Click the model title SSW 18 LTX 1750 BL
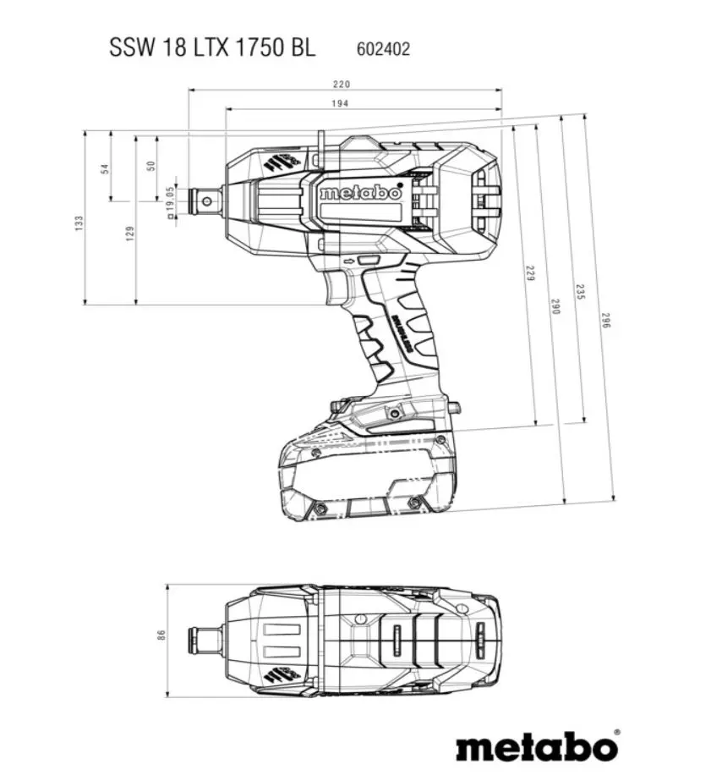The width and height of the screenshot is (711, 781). pos(211,47)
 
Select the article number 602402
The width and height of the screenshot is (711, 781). pos(379,49)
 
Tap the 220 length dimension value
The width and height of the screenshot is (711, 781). pos(342,84)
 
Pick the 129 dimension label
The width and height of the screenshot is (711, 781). pos(130,233)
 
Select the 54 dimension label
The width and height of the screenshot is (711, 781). pos(105,168)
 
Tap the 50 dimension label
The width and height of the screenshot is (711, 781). pos(151,167)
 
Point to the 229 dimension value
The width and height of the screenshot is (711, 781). pos(530,273)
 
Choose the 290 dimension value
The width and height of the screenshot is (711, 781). pos(555,307)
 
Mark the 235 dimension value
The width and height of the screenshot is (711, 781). pos(580,290)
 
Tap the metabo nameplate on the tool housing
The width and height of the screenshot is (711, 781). pos(360,193)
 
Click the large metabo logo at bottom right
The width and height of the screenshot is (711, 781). pos(536,746)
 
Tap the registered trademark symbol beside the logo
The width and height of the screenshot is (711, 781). pos(615,732)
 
